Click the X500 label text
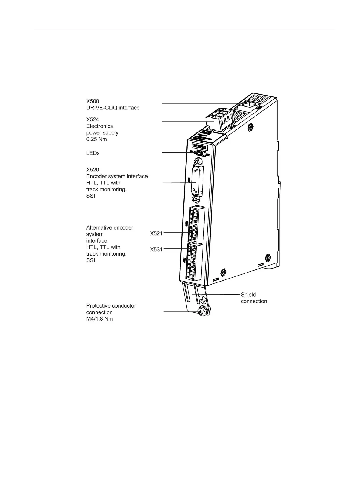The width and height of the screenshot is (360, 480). pyautogui.click(x=92, y=101)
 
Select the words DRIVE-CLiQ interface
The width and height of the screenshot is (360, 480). pyautogui.click(x=113, y=108)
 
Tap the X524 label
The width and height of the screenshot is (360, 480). pyautogui.click(x=92, y=119)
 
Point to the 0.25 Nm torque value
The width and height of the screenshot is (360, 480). pyautogui.click(x=96, y=139)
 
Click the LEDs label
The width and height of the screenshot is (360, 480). pyautogui.click(x=93, y=153)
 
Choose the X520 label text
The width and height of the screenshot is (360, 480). pyautogui.click(x=92, y=170)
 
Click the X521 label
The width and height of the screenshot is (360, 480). pyautogui.click(x=156, y=233)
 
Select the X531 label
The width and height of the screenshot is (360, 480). pyautogui.click(x=156, y=250)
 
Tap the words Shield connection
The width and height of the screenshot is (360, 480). pyautogui.click(x=254, y=298)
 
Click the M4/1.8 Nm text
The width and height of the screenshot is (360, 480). pyautogui.click(x=99, y=319)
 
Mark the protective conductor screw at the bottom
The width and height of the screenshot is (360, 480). pyautogui.click(x=202, y=311)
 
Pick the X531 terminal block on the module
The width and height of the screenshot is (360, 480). pyautogui.click(x=193, y=262)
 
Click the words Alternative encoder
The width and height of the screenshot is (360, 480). pyautogui.click(x=110, y=227)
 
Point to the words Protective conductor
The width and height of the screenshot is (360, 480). pyautogui.click(x=111, y=305)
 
